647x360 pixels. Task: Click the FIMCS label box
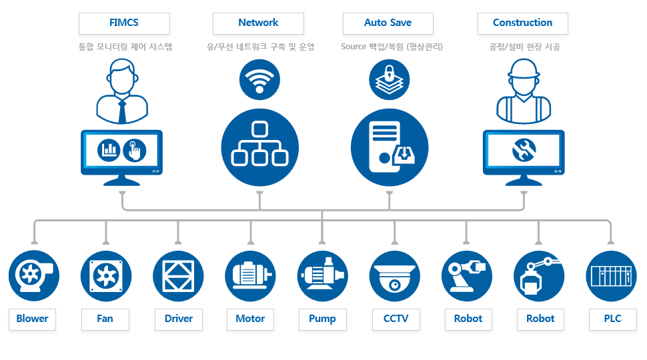tap(124, 23)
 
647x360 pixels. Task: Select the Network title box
tap(258, 23)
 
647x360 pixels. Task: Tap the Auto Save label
tap(388, 23)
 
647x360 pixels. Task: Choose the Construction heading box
tap(523, 23)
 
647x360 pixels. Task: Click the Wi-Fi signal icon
tap(259, 79)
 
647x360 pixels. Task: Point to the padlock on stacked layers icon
tap(389, 79)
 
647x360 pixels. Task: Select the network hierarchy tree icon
tap(260, 147)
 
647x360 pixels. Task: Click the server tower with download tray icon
tap(390, 147)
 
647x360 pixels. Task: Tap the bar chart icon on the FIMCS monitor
tap(109, 149)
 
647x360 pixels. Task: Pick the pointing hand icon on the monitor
tap(135, 150)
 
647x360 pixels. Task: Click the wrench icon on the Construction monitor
tap(524, 149)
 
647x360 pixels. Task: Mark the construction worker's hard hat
tap(524, 69)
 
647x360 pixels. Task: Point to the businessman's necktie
tap(122, 111)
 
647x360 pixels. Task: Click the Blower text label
tap(32, 319)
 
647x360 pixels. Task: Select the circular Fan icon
tap(106, 276)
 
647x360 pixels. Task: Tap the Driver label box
tap(179, 319)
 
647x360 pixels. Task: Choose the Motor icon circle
tap(251, 276)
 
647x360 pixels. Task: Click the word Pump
tap(322, 319)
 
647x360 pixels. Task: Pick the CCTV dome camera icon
tap(395, 276)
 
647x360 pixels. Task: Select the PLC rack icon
tap(611, 276)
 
